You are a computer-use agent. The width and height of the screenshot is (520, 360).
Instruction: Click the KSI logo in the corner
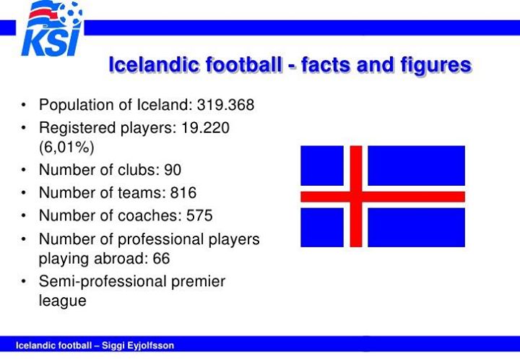(52, 28)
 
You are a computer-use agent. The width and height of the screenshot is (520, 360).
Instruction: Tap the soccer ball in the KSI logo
(70, 14)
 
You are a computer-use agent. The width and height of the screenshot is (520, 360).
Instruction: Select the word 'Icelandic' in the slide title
(155, 64)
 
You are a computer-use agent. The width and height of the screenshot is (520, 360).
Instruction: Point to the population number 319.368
(225, 105)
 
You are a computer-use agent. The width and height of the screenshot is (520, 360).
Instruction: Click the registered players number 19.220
(205, 128)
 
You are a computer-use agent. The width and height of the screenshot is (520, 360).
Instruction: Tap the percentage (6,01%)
(66, 147)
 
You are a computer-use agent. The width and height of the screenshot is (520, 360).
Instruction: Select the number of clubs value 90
(173, 170)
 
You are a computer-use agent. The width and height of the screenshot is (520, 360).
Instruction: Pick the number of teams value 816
(183, 193)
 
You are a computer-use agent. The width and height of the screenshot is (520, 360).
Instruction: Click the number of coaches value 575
(199, 215)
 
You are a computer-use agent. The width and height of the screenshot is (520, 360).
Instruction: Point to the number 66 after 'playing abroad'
(161, 259)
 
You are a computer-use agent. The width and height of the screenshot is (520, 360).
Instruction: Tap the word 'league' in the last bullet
(63, 301)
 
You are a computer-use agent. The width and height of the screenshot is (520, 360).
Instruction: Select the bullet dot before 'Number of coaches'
(23, 215)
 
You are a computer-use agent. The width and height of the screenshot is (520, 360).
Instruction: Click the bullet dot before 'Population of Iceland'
(23, 105)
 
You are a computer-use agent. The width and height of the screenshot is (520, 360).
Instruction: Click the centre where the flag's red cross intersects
(356, 197)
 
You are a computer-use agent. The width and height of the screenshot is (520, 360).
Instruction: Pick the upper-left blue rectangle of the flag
(322, 166)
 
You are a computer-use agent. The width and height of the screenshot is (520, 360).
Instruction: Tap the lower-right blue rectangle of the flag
(417, 227)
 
